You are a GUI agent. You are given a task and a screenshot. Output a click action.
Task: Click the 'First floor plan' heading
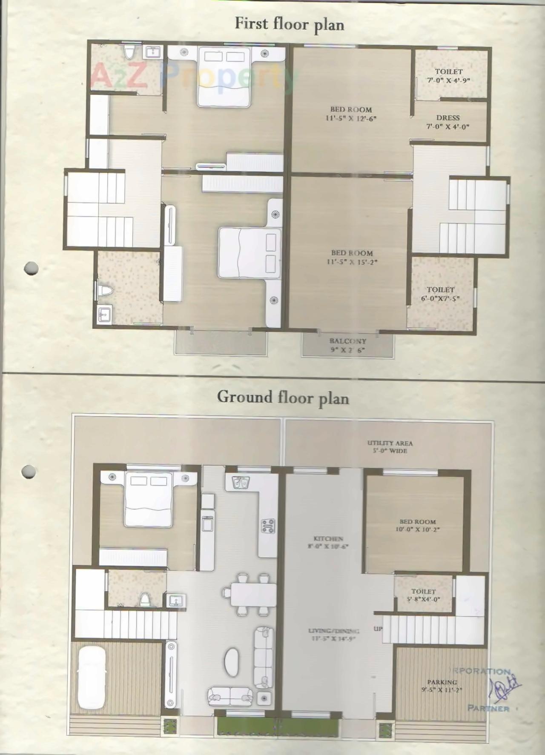[x=289, y=24]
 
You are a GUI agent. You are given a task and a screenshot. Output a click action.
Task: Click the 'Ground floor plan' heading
[x=283, y=398]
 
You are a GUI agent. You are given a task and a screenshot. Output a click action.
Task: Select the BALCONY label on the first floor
[x=347, y=341]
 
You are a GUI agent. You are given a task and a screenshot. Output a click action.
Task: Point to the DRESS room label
[x=448, y=118]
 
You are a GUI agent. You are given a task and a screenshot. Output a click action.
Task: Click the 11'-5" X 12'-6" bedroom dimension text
[x=351, y=118]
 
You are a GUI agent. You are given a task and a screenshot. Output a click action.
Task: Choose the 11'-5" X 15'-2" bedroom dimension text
[x=352, y=262]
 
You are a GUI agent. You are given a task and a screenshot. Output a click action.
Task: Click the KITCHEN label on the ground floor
[x=328, y=538]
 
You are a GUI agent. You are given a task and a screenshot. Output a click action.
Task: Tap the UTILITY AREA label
[x=390, y=443]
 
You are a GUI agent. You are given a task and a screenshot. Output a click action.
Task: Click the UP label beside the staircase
[x=378, y=629]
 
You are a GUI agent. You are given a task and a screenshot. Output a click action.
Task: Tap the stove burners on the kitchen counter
[x=268, y=526]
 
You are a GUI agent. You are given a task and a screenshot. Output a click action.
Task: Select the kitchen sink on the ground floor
[x=241, y=483]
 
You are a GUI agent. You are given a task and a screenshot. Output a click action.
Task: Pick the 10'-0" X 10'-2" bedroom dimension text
[x=417, y=530]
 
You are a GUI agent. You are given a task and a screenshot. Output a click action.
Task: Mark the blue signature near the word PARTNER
[x=505, y=685]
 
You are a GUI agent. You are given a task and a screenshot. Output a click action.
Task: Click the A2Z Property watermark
[x=192, y=77]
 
